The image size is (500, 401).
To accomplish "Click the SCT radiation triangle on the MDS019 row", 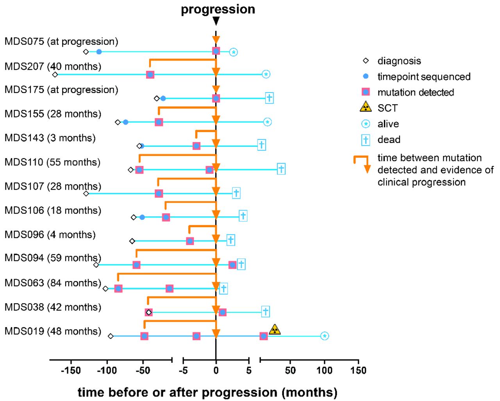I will point(275,330).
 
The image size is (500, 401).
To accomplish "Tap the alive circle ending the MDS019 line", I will point(324,336).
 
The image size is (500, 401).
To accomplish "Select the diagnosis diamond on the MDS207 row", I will point(55,75).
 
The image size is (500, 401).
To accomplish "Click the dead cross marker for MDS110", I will point(281,169).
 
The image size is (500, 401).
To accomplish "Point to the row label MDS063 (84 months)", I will point(53,283).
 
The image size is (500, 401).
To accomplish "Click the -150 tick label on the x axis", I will point(71,371).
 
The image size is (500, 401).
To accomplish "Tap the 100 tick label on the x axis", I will point(324,371).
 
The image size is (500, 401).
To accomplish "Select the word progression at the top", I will point(218,9).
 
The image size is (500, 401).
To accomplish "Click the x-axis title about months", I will point(207,392).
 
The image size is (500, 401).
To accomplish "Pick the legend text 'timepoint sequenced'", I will point(424,77).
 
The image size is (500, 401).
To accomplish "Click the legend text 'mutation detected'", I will point(416,92).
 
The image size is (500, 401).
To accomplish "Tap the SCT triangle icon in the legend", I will point(366,107).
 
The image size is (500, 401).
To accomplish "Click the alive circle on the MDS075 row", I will point(233,52).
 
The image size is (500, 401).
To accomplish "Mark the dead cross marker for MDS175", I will point(269,98).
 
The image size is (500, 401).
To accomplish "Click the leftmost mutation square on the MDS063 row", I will point(118,289).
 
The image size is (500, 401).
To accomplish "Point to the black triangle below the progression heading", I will point(216,21).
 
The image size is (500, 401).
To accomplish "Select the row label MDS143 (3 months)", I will point(50,138).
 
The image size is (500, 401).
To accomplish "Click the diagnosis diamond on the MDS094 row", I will point(96,265).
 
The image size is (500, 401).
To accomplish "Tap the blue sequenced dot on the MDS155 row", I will point(125,122).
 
